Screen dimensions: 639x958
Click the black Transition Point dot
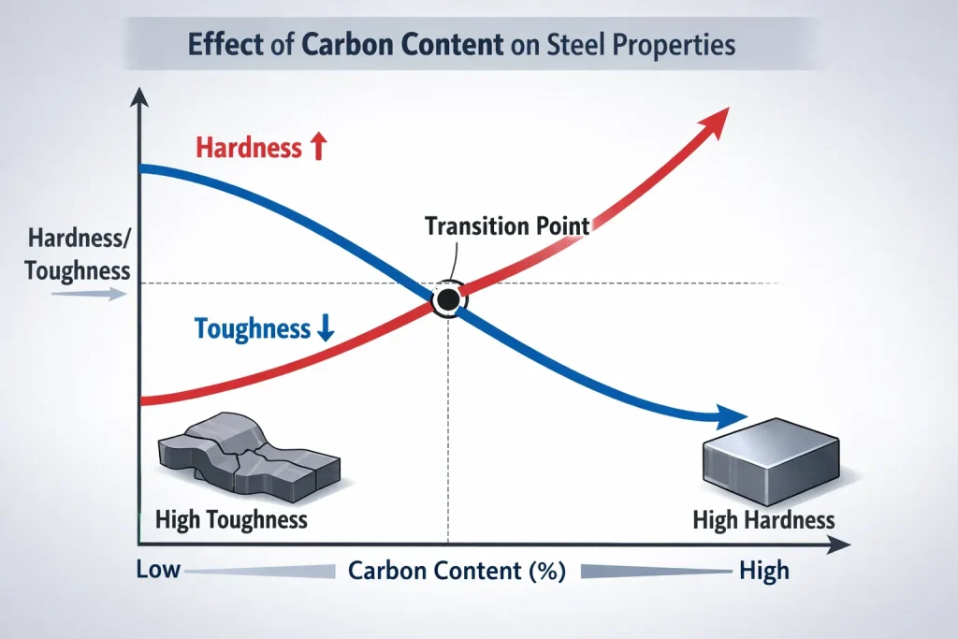point(448,299)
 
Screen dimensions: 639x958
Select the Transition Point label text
point(507,225)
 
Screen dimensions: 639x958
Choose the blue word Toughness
point(252,328)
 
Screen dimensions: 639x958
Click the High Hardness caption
point(763,520)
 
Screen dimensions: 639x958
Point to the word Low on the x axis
point(158,569)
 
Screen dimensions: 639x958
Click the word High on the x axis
point(763,570)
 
